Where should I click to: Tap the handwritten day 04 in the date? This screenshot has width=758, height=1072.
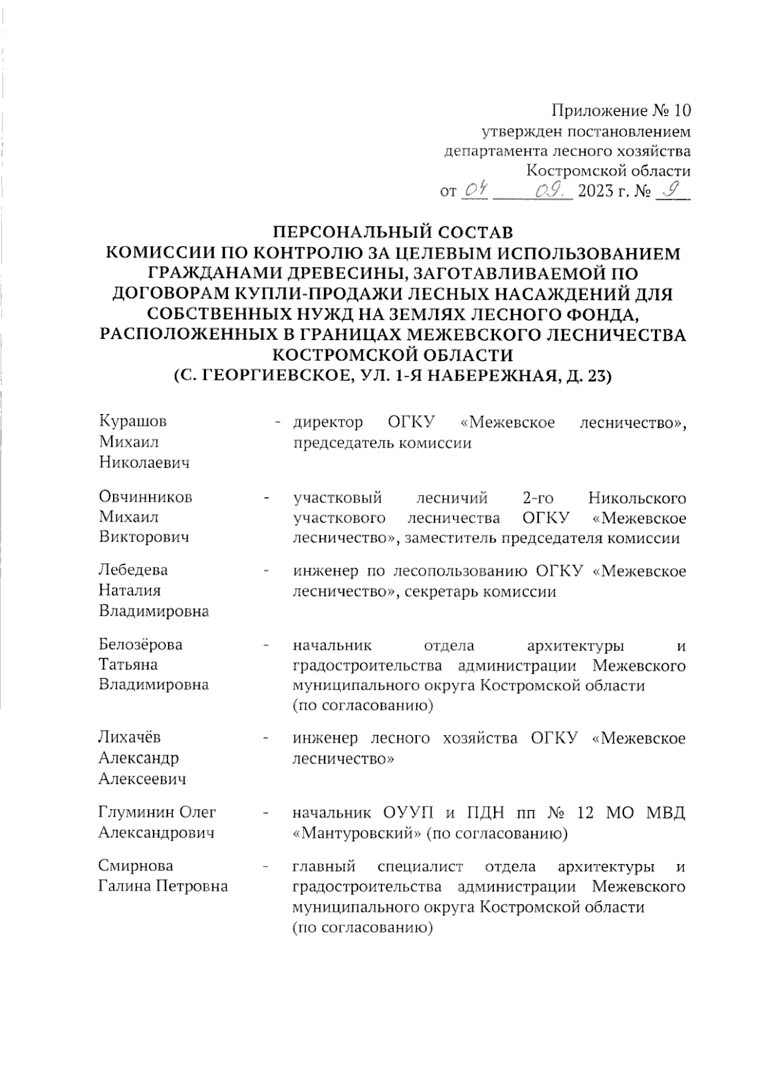[474, 189]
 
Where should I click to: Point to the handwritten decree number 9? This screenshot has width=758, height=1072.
[673, 188]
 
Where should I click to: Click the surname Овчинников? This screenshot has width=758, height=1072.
[145, 497]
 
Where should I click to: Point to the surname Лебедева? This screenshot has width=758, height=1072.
[133, 569]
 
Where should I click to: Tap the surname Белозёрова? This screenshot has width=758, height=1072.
[140, 644]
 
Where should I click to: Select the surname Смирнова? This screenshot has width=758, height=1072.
[136, 865]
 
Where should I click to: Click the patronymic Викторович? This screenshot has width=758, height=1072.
[144, 537]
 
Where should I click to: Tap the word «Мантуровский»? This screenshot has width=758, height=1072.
[358, 833]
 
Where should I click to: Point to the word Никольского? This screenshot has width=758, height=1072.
[637, 497]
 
